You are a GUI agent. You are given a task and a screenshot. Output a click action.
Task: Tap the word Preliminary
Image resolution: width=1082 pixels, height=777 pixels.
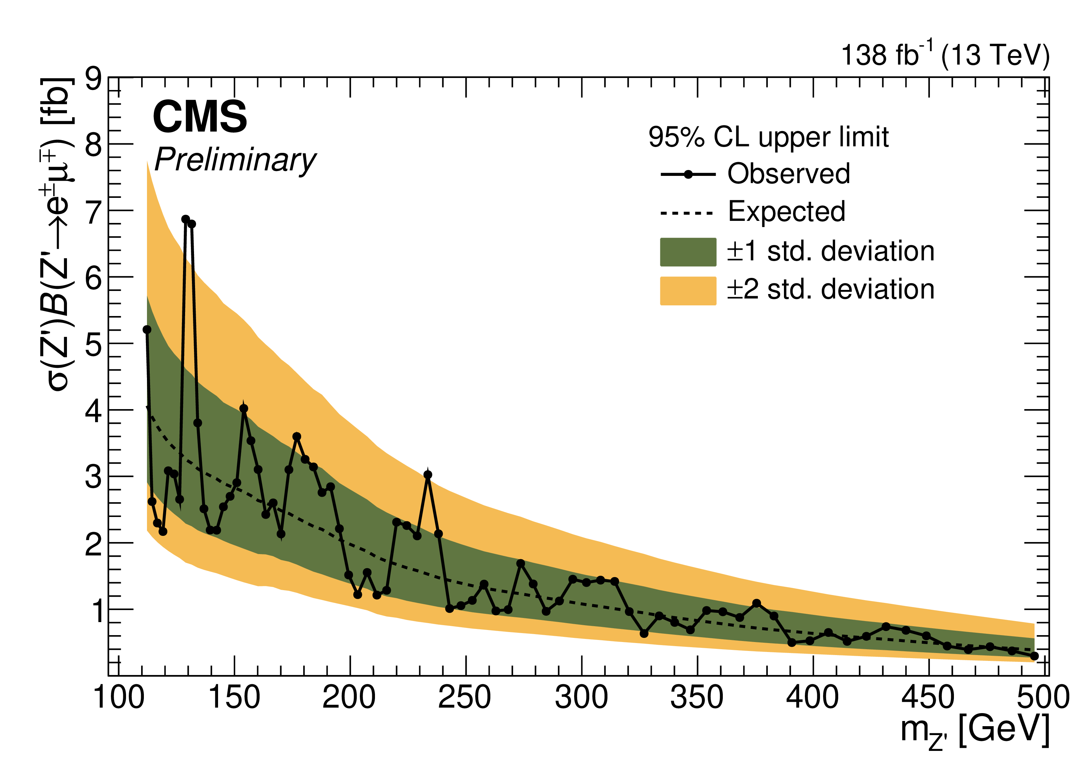click(235, 160)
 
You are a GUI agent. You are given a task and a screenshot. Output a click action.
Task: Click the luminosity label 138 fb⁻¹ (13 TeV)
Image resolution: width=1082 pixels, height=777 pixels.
click(945, 55)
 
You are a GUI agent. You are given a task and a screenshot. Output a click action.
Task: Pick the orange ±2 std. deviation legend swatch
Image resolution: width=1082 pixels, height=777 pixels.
click(687, 291)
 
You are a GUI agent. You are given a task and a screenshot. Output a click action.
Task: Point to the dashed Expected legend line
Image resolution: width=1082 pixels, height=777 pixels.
click(687, 213)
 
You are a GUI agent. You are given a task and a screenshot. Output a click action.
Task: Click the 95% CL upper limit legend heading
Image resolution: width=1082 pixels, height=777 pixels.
click(768, 137)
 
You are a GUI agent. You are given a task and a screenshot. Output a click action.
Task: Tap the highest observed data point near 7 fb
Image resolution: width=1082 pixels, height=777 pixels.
click(185, 219)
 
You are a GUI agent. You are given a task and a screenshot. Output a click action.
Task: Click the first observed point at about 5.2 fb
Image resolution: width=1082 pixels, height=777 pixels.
click(147, 330)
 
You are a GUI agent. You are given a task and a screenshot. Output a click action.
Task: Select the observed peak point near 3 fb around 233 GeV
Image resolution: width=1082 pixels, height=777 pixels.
click(428, 474)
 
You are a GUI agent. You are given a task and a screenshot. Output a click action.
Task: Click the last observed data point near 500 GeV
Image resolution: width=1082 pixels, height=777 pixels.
click(1034, 656)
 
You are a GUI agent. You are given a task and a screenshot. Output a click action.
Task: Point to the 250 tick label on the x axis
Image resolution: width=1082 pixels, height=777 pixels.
click(465, 698)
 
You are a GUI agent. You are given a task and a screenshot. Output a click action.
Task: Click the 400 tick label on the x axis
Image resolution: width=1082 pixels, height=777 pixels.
click(812, 698)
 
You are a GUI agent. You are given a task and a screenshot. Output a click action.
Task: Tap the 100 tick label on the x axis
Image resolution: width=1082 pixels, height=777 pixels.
click(118, 698)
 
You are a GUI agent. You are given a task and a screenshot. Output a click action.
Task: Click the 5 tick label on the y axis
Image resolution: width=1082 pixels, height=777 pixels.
click(93, 345)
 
